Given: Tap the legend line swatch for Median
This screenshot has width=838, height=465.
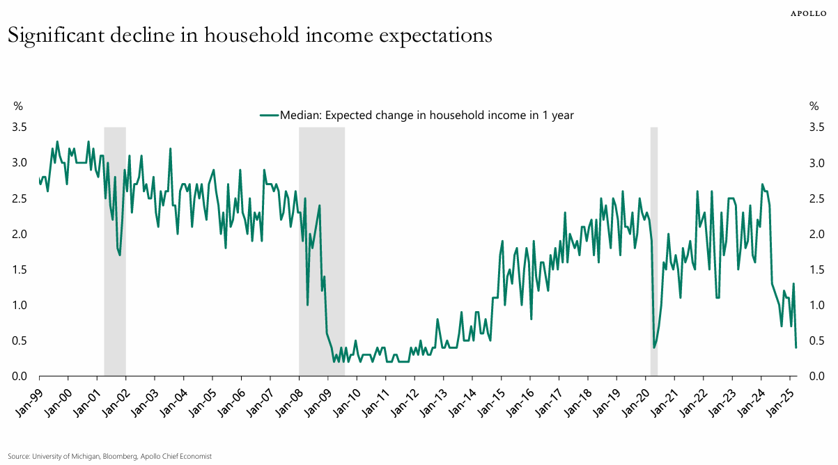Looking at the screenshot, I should (268, 116).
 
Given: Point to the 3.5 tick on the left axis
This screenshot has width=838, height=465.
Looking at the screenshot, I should (19, 127).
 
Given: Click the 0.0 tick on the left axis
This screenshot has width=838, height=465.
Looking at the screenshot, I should (19, 377).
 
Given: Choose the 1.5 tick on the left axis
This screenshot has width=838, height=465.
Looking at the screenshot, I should (19, 270).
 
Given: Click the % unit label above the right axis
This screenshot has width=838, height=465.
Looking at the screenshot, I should (814, 107).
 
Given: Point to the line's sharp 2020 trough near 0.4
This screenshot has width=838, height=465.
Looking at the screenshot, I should (654, 347).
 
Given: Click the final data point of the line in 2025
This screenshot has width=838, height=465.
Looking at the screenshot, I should (796, 347).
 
